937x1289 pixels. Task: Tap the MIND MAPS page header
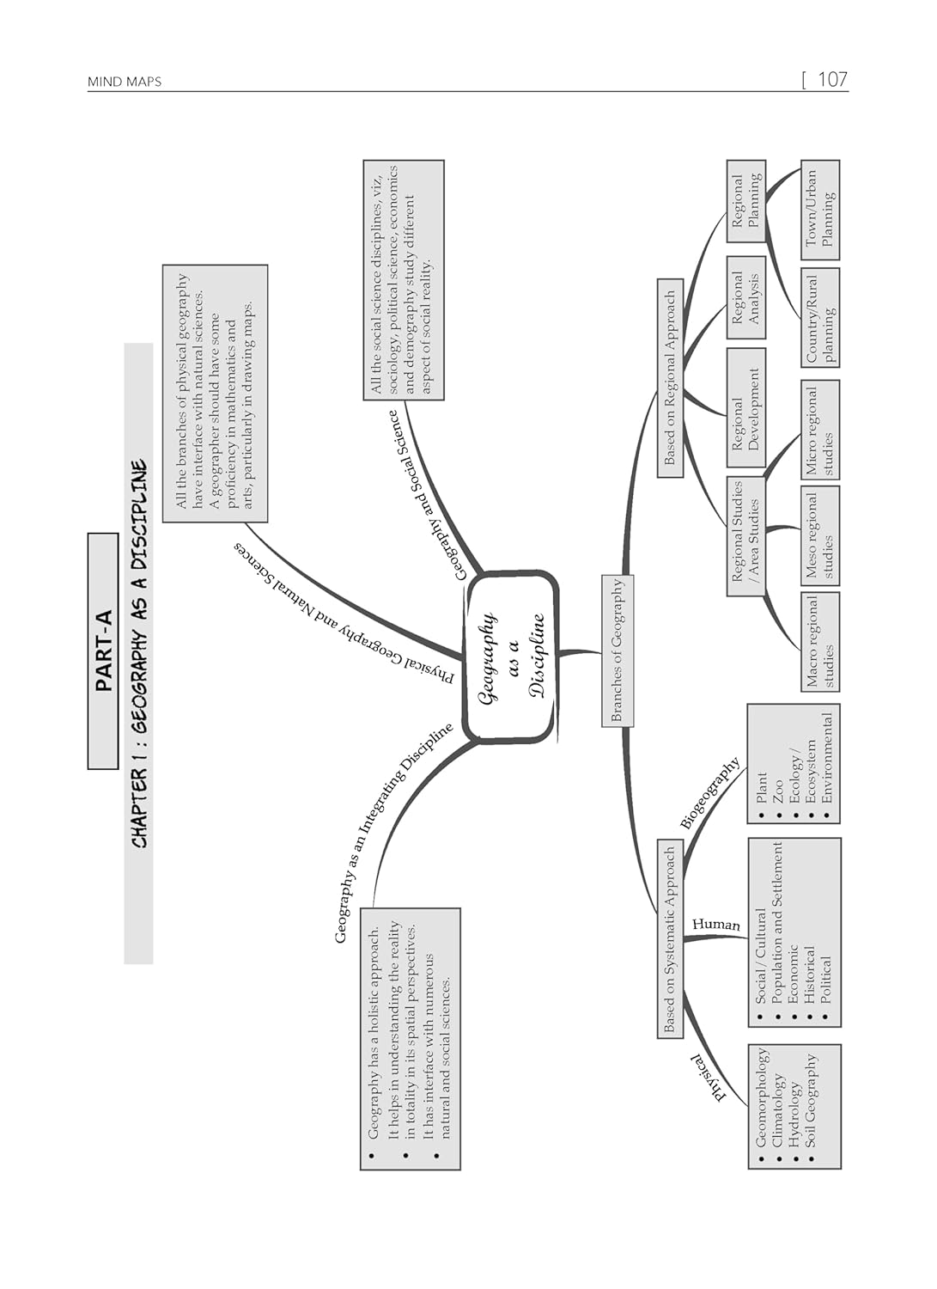(x=125, y=82)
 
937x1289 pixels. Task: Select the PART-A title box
(x=103, y=651)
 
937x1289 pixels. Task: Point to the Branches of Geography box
(x=617, y=651)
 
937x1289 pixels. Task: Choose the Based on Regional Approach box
(x=670, y=377)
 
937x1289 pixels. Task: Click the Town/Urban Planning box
(x=819, y=210)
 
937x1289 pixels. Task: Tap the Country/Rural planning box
(x=819, y=317)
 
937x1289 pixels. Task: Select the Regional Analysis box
(x=745, y=298)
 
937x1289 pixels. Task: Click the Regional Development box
(x=745, y=409)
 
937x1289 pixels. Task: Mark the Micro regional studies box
(x=819, y=430)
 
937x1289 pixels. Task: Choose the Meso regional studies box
(x=819, y=535)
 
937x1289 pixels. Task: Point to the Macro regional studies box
(x=819, y=642)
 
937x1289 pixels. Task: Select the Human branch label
(x=715, y=925)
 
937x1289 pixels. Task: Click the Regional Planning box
(x=745, y=201)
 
